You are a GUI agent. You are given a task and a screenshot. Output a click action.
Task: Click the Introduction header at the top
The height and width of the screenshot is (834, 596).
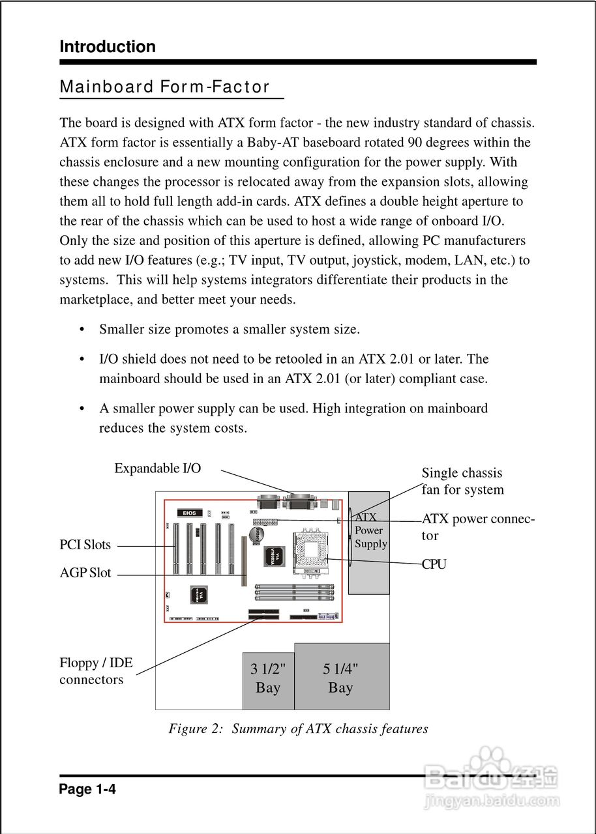point(108,47)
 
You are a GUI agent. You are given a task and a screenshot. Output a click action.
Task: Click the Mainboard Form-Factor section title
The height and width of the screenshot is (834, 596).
point(164,87)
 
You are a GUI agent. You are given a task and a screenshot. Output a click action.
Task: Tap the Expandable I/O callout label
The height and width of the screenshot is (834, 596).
point(157,468)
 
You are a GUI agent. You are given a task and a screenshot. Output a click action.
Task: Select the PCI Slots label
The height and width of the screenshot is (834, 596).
point(85,545)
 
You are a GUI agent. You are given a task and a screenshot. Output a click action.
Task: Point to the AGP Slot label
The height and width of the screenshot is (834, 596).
point(85,573)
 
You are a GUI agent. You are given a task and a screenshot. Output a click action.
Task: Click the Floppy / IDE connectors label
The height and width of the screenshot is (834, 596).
point(95,671)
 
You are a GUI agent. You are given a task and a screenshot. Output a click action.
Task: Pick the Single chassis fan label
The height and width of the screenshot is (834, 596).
point(462,482)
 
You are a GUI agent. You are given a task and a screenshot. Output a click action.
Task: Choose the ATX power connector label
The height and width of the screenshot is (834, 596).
point(478,527)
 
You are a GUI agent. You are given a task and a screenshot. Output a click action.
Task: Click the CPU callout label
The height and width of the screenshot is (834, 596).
point(434,564)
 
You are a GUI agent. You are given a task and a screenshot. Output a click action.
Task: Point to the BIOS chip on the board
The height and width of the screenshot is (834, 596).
point(189,513)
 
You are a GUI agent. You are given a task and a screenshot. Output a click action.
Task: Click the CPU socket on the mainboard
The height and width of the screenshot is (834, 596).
point(311,551)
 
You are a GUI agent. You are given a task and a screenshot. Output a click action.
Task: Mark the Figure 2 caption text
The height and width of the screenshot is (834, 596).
point(298,728)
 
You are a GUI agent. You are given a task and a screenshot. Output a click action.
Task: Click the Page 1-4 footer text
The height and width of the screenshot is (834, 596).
point(87,790)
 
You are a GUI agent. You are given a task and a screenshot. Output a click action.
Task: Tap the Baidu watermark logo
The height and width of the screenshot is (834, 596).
point(490,779)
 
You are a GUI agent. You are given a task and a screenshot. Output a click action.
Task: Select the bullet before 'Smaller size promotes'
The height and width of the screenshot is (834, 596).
point(82,330)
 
